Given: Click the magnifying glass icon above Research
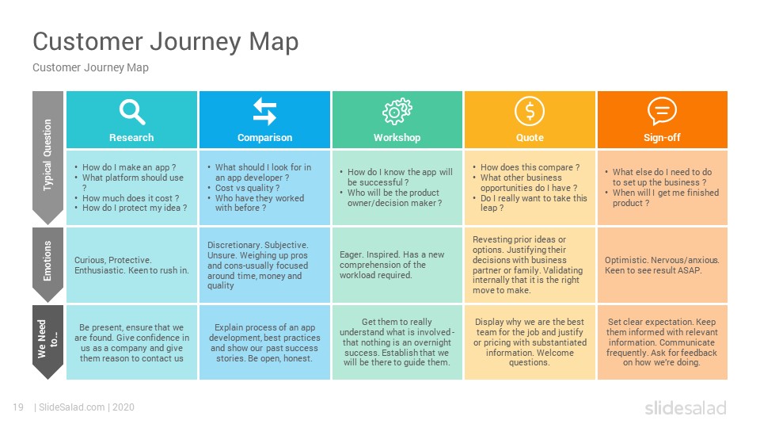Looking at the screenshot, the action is point(132,112).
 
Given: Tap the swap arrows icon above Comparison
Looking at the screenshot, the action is point(264,111).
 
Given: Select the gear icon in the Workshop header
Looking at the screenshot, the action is point(397,111).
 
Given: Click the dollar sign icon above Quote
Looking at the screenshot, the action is point(530,111).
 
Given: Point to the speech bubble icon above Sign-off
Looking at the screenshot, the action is point(662,111).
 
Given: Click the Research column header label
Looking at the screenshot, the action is point(131,138).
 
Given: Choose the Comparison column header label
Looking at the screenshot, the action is point(264,138).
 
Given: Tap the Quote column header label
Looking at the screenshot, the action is point(530,138).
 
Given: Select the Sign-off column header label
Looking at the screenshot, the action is point(662,138).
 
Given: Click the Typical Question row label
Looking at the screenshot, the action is point(47,155).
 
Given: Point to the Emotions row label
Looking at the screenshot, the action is point(47,261).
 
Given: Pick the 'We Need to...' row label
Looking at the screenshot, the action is point(47,338).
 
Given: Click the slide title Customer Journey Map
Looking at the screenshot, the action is point(165,42).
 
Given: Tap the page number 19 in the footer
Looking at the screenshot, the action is point(18,407).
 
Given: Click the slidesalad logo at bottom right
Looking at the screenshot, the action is point(686,407).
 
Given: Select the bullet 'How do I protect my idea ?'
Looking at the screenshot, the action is point(135,208).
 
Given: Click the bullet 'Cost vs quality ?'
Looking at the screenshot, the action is point(247,188).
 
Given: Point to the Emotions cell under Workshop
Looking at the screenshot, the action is point(397,265).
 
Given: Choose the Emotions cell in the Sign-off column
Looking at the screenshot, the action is point(662,265).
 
